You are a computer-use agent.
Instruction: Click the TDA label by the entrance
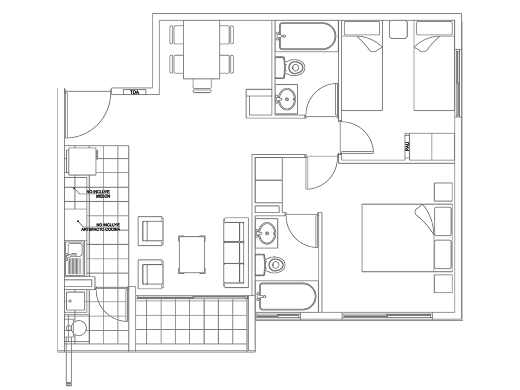point(135,92)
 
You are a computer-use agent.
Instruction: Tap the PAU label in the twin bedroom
point(407,146)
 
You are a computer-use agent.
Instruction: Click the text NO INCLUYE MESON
point(98,194)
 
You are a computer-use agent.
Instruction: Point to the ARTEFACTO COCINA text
point(101,230)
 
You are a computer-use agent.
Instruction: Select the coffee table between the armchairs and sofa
point(192,255)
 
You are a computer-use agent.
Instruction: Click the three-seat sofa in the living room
point(236,253)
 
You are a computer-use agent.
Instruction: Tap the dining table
point(201,50)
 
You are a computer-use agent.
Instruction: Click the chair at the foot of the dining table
point(202,86)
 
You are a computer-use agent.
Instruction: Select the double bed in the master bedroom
point(407,238)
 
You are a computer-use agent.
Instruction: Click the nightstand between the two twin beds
point(399,29)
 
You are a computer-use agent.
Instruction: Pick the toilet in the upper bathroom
point(289,68)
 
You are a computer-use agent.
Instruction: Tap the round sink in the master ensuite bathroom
point(267,233)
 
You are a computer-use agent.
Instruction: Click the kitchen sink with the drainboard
point(75,258)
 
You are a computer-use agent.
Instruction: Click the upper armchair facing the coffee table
point(151,231)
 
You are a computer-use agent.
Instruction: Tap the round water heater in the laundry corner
point(79,328)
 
